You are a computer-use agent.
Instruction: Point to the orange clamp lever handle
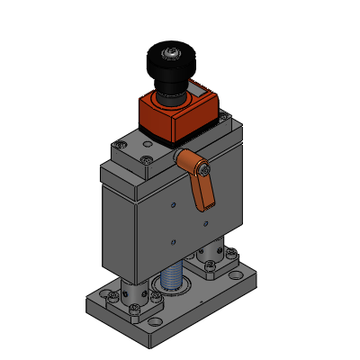(x=204, y=189)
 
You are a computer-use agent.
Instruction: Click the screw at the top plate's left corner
(x=120, y=144)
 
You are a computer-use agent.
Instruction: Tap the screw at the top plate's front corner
(x=148, y=159)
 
